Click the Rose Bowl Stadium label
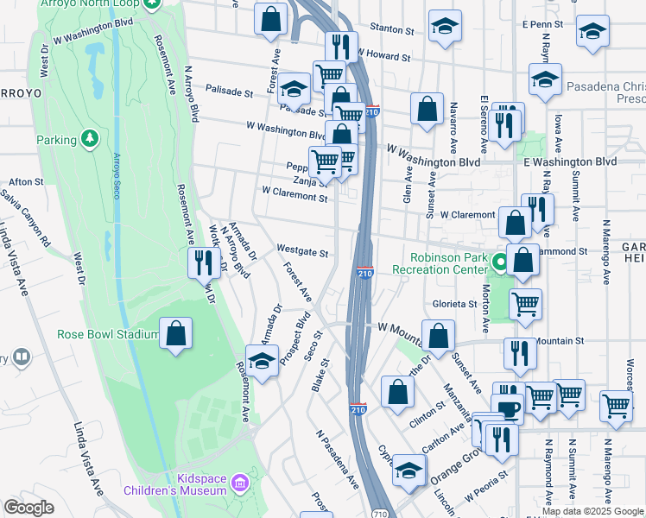point(108,334)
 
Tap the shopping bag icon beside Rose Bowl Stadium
point(175,335)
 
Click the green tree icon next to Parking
point(89,138)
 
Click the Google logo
point(29,508)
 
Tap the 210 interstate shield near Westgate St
point(364,273)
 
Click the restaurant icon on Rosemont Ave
point(203,262)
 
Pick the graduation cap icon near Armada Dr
point(263,360)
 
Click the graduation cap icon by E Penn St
point(592,31)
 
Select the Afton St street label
point(26,182)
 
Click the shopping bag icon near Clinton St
point(396,390)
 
